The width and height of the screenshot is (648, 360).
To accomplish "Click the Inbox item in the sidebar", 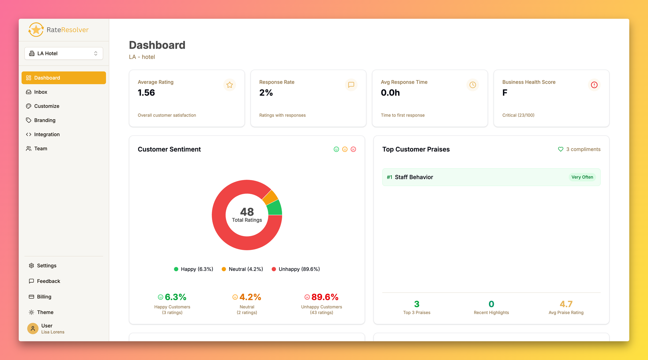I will (40, 92).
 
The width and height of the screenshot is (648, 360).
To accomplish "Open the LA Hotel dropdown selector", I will (63, 53).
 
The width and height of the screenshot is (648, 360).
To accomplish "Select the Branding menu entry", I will (45, 120).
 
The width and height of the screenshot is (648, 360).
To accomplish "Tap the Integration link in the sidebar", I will (47, 134).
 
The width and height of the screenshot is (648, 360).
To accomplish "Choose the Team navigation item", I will (40, 149).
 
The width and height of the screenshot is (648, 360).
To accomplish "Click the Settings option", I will (47, 266).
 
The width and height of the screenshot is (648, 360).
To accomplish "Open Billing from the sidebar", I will (44, 297).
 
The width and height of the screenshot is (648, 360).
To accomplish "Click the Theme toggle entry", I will (45, 312).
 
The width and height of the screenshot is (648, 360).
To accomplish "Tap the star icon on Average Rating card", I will (230, 85).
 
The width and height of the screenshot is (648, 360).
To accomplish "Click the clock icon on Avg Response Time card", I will (473, 85).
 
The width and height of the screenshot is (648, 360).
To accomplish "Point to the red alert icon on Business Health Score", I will (594, 85).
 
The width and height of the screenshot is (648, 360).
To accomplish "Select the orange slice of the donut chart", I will (270, 198).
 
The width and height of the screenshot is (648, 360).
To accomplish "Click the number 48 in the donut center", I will (247, 212).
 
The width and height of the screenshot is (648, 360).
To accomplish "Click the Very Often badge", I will (582, 177).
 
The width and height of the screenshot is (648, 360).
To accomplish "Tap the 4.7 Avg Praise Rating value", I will (566, 304).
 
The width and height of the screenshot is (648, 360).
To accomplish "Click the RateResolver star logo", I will (36, 30).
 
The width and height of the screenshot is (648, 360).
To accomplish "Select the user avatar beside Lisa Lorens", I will (33, 328).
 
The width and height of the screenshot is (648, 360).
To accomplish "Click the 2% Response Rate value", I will (266, 93).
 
